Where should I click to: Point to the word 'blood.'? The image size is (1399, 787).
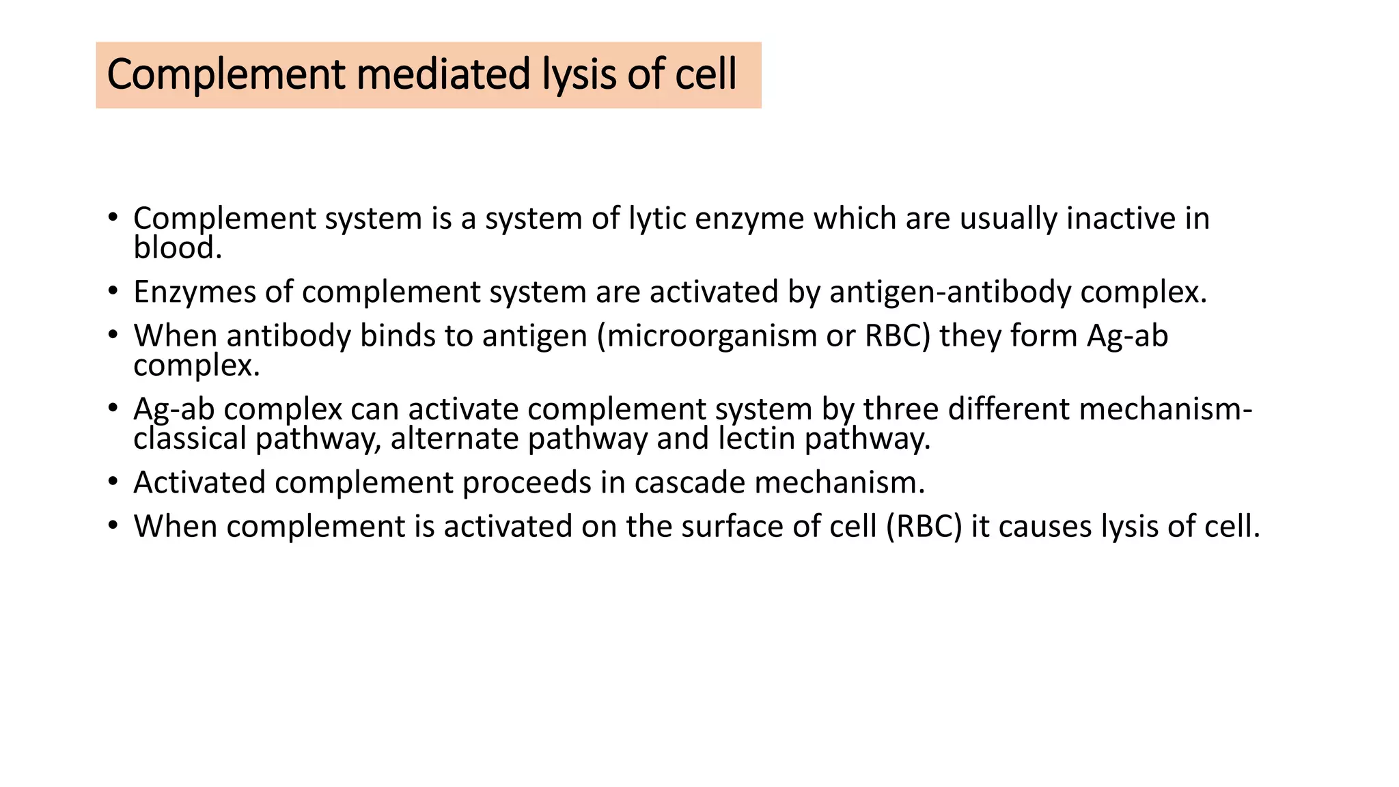[178, 248]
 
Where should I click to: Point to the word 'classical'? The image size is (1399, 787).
[189, 439]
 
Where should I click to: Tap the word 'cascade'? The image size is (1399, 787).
[690, 483]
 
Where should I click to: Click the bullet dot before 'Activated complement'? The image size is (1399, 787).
[113, 482]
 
